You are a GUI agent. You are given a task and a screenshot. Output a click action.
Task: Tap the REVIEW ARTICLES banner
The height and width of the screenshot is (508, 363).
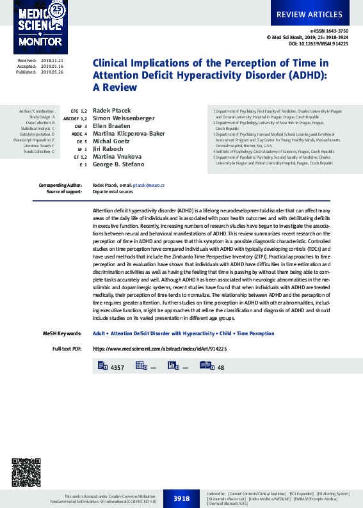click(x=309, y=14)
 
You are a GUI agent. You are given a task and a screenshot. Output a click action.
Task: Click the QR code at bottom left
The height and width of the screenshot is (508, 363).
click(x=26, y=472)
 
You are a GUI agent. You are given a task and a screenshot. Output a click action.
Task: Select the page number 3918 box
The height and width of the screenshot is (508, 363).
click(x=181, y=498)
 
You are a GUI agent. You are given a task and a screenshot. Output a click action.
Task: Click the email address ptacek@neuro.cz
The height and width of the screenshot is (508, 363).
click(x=149, y=185)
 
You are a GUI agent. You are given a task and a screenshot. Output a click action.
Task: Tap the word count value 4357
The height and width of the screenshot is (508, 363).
click(x=117, y=368)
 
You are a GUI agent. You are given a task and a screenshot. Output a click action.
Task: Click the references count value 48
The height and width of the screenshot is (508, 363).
click(x=221, y=368)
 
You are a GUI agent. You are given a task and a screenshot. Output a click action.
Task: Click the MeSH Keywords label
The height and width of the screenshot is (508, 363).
click(x=61, y=333)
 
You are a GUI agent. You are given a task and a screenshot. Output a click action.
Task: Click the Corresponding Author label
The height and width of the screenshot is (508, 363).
click(x=61, y=185)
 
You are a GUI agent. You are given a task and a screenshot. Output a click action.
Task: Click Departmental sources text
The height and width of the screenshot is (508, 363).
click(x=113, y=191)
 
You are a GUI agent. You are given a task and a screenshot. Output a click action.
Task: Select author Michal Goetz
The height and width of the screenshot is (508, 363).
click(x=111, y=141)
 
